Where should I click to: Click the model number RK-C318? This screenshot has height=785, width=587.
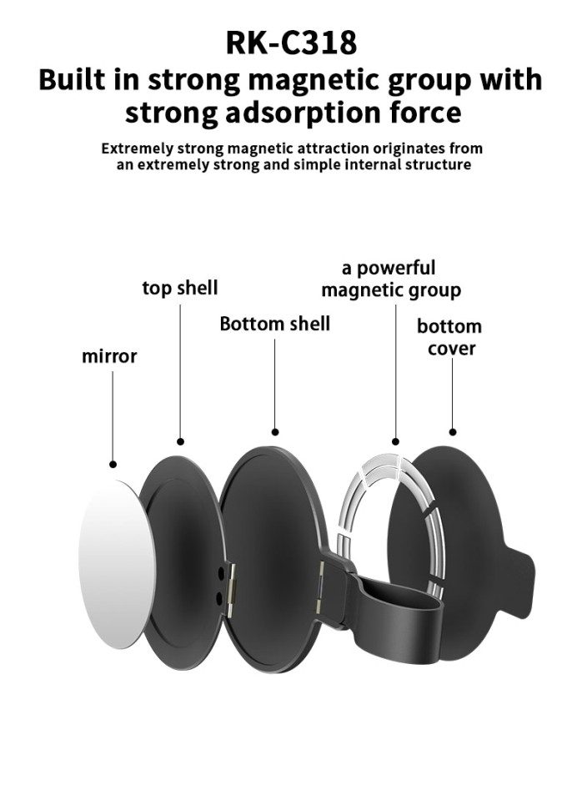(x=291, y=43)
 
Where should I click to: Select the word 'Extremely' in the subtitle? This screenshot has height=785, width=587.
(x=137, y=148)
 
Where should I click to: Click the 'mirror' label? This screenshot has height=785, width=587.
(x=109, y=356)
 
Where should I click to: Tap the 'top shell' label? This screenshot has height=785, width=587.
(x=180, y=289)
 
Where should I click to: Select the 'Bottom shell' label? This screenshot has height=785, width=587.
(x=274, y=324)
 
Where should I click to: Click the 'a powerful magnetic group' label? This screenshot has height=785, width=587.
(x=391, y=279)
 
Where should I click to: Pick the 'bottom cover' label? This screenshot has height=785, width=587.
(x=449, y=337)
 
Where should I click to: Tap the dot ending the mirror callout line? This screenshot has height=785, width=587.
(x=113, y=465)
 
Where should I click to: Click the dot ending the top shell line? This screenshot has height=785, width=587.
(x=181, y=441)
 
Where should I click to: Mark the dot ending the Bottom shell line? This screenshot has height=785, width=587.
(x=274, y=432)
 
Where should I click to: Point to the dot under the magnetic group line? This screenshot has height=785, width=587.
(x=395, y=441)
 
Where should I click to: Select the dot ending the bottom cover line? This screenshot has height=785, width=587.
(x=453, y=431)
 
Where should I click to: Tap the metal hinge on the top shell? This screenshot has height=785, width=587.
(x=232, y=587)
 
